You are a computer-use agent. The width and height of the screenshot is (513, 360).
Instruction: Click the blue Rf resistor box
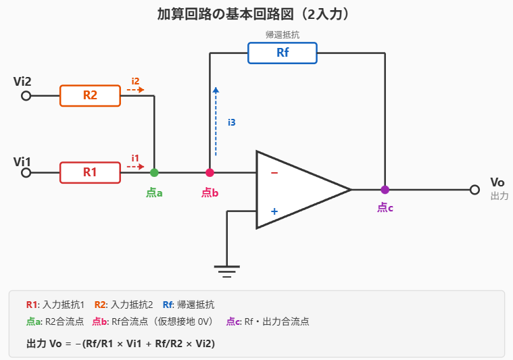coord(283,53)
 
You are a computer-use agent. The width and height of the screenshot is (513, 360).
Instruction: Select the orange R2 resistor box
coord(90,95)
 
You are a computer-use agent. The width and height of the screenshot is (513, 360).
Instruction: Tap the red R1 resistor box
coord(90,172)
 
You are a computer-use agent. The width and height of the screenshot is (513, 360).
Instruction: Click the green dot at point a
coord(154,172)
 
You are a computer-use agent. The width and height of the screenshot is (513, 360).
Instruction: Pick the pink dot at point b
coord(210,172)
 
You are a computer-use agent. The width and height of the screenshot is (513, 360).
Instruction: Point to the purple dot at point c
coord(385,190)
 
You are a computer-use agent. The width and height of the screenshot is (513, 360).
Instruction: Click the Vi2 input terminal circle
coord(26,96)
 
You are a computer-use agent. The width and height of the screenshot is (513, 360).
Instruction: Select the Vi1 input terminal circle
coord(26,172)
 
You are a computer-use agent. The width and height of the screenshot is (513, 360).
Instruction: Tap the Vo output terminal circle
coord(474,190)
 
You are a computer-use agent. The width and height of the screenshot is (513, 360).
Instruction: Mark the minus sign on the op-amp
coord(274,173)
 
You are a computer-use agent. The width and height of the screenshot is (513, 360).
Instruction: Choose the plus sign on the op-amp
coord(274,211)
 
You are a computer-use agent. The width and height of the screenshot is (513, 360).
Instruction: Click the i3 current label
coord(231,122)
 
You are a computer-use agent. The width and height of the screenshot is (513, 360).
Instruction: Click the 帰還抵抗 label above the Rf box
coord(283,34)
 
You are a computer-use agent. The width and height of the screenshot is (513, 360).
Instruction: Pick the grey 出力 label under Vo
coord(499,196)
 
